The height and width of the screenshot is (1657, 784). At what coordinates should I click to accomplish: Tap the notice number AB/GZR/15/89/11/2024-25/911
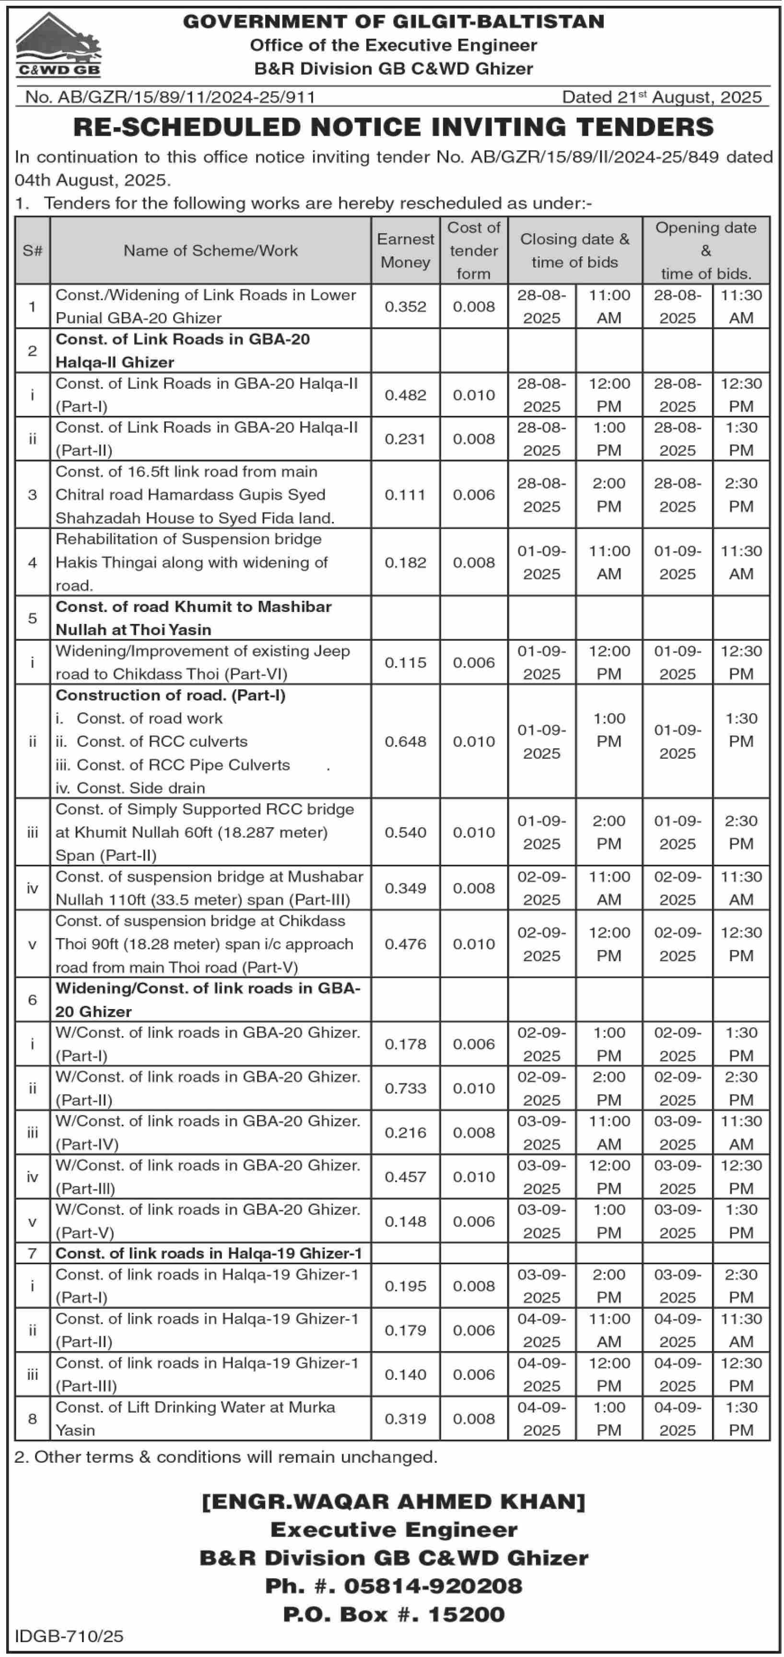click(170, 97)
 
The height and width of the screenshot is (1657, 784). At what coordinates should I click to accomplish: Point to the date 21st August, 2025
click(661, 97)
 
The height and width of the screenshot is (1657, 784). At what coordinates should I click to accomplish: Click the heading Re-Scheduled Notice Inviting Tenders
click(393, 127)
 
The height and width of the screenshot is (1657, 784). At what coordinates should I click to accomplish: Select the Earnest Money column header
click(405, 250)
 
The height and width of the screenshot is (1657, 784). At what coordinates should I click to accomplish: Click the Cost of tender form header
click(473, 250)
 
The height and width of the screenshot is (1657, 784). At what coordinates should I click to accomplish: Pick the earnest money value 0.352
click(405, 307)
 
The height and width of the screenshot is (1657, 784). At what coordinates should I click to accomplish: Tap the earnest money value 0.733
click(405, 1088)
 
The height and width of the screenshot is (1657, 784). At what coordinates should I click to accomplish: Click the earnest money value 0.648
click(405, 741)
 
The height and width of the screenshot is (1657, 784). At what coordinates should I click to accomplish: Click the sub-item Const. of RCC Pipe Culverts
click(183, 765)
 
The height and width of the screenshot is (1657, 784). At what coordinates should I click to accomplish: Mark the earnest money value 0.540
click(405, 833)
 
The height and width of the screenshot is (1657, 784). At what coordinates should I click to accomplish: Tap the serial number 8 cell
click(32, 1418)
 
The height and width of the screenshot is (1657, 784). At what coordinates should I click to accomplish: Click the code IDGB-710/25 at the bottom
click(69, 1636)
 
